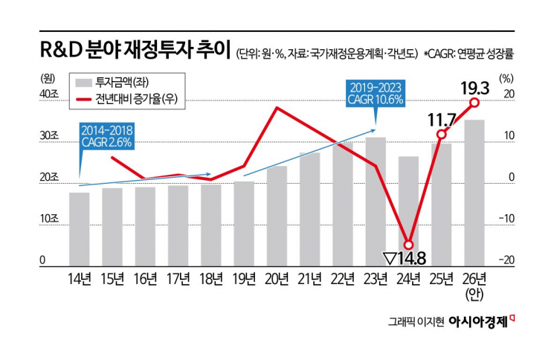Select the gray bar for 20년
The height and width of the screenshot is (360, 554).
277,216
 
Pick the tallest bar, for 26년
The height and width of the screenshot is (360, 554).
474,193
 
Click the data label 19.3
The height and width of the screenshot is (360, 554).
474,88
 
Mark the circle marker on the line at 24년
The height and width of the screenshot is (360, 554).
408,244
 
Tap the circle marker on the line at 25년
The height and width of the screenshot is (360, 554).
441,135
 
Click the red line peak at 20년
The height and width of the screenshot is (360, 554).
277,108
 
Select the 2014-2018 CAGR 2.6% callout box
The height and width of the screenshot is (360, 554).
108,135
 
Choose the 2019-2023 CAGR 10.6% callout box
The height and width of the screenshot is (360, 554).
376,93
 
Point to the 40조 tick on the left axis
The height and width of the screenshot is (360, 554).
48,93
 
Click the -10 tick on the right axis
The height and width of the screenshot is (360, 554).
508,218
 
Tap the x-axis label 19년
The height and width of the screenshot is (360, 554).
244,280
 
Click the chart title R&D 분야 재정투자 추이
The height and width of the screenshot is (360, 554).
135,51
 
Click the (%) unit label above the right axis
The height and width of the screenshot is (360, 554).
506,77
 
